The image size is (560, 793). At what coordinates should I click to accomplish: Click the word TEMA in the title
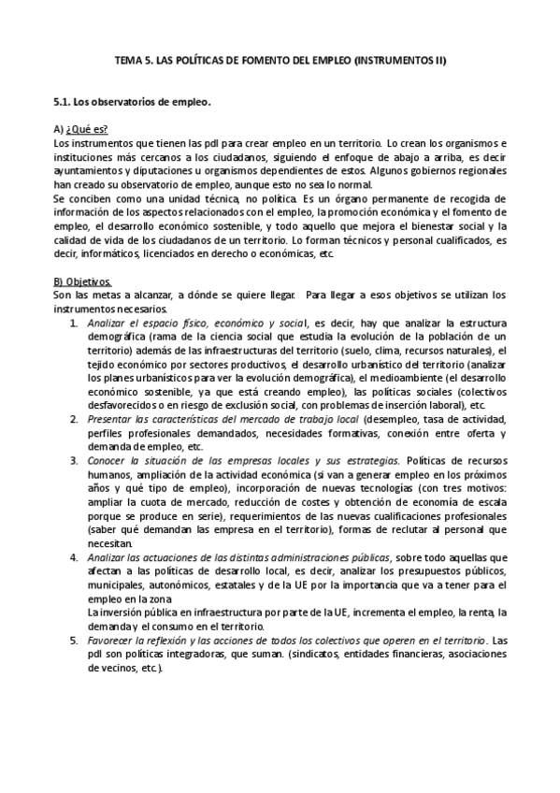click(126, 61)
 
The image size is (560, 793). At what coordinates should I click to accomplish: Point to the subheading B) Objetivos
click(84, 281)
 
